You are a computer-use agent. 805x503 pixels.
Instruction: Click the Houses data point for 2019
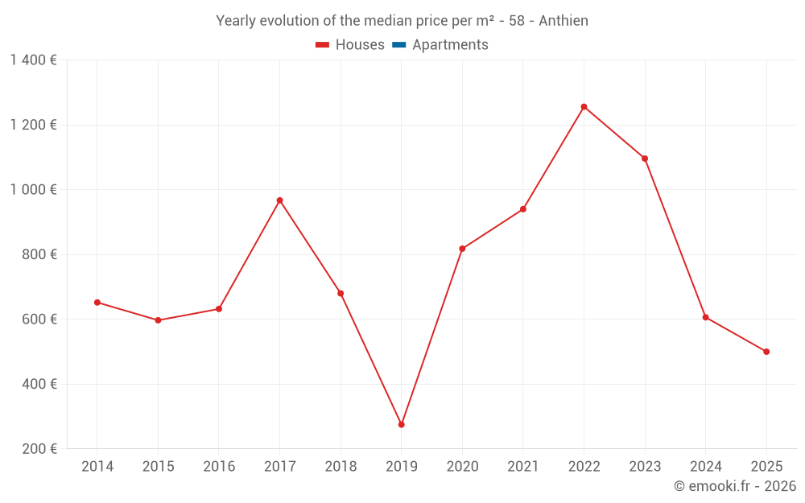pos(401,424)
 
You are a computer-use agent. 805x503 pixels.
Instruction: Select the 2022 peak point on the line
pos(584,106)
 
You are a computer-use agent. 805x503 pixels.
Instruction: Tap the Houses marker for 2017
pos(279,200)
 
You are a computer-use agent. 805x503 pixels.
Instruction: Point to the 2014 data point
pos(97,303)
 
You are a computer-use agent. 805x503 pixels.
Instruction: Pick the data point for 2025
pos(766,352)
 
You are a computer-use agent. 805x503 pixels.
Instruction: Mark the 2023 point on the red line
pos(645,159)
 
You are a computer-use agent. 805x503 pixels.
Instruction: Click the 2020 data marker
pos(462,249)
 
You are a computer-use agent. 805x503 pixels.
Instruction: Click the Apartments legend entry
pos(450,45)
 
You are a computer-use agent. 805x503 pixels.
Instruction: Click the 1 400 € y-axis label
pos(33,60)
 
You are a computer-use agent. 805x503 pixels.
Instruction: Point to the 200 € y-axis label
pos(38,449)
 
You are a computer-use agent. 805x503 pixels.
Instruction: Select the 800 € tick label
pos(38,254)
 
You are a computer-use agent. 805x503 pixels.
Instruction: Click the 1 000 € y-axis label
pos(33,190)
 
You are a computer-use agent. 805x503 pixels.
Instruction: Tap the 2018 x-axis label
pos(341,467)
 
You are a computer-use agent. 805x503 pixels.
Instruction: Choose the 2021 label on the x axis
pos(523,467)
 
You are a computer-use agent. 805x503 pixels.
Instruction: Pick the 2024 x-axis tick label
pos(705,467)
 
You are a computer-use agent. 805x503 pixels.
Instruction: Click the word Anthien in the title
pos(563,21)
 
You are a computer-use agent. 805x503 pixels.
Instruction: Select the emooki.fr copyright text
pos(734,486)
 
